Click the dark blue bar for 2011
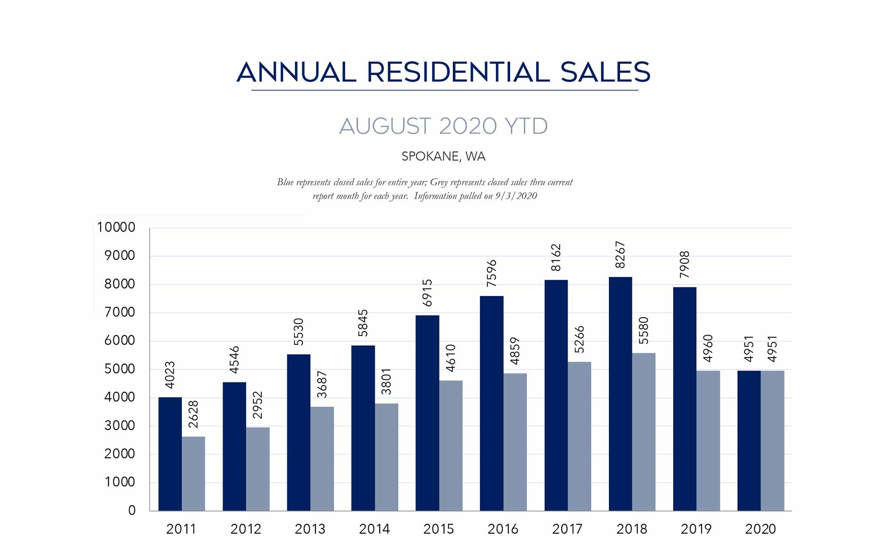pyautogui.click(x=170, y=454)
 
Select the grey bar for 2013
pyautogui.click(x=322, y=459)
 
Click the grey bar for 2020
pyautogui.click(x=772, y=441)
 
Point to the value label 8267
pyautogui.click(x=620, y=255)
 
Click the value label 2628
pyautogui.click(x=193, y=414)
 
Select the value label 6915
pyautogui.click(x=427, y=293)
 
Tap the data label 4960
pyautogui.click(x=708, y=348)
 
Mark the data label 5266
pyautogui.click(x=579, y=339)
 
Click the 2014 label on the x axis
pyautogui.click(x=374, y=529)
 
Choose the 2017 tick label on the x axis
pyautogui.click(x=567, y=529)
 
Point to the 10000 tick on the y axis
pyautogui.click(x=116, y=227)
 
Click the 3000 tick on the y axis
pyautogui.click(x=120, y=425)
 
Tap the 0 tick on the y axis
pyautogui.click(x=132, y=511)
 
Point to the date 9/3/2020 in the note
pyautogui.click(x=516, y=196)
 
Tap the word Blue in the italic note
pyautogui.click(x=286, y=182)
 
